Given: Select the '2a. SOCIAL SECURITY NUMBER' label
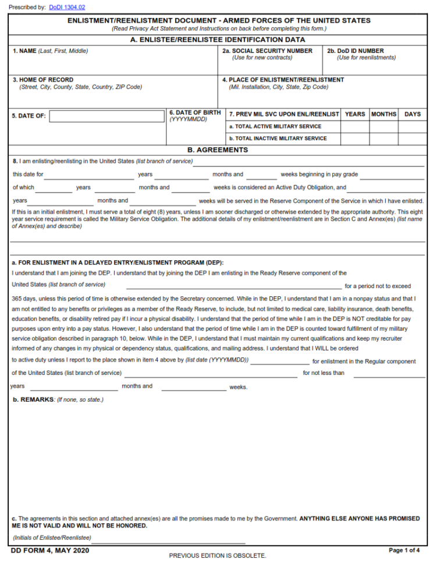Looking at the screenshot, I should [x=267, y=51].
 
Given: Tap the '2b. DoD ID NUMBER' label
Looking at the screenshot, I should [x=355, y=51].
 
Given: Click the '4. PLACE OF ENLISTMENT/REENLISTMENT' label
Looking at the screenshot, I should [x=283, y=80].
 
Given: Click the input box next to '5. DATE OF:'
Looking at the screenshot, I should [x=107, y=116].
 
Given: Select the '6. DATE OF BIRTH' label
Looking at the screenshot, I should [x=195, y=112].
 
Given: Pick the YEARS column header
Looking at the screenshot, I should [x=354, y=114].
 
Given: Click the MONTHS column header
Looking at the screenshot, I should [x=384, y=114].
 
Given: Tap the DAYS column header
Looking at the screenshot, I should [x=412, y=114].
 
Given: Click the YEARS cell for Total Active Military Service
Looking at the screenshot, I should [x=354, y=126].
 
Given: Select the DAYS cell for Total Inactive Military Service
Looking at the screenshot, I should [x=412, y=139].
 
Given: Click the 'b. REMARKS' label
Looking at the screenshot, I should [x=34, y=400].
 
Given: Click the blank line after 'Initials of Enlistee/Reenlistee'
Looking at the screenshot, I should [x=169, y=539].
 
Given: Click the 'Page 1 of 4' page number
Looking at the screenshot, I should [x=404, y=550].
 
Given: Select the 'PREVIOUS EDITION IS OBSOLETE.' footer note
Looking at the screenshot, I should [x=217, y=555].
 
